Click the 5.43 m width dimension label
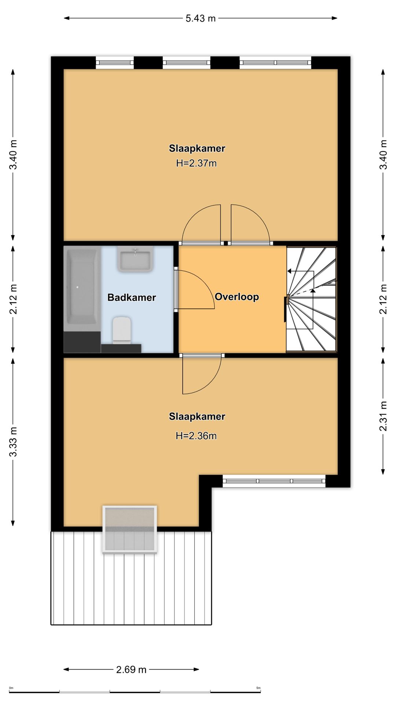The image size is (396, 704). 201,18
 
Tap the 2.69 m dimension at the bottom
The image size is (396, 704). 131,670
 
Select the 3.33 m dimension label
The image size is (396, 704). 13,442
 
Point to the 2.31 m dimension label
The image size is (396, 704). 383,416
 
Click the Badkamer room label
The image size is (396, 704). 132,297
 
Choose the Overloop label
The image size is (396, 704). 237,297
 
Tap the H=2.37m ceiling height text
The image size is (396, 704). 197,163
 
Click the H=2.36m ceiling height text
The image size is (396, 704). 196,436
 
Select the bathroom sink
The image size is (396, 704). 135,259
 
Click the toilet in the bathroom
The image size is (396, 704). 122,330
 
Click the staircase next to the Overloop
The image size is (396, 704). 311,299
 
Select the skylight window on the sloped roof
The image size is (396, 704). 130,529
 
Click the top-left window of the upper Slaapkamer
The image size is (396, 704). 115,63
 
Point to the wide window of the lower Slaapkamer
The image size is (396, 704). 274,481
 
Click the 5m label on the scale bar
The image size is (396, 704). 258,688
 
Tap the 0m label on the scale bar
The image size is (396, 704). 11,688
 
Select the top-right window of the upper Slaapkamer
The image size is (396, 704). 275,63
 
